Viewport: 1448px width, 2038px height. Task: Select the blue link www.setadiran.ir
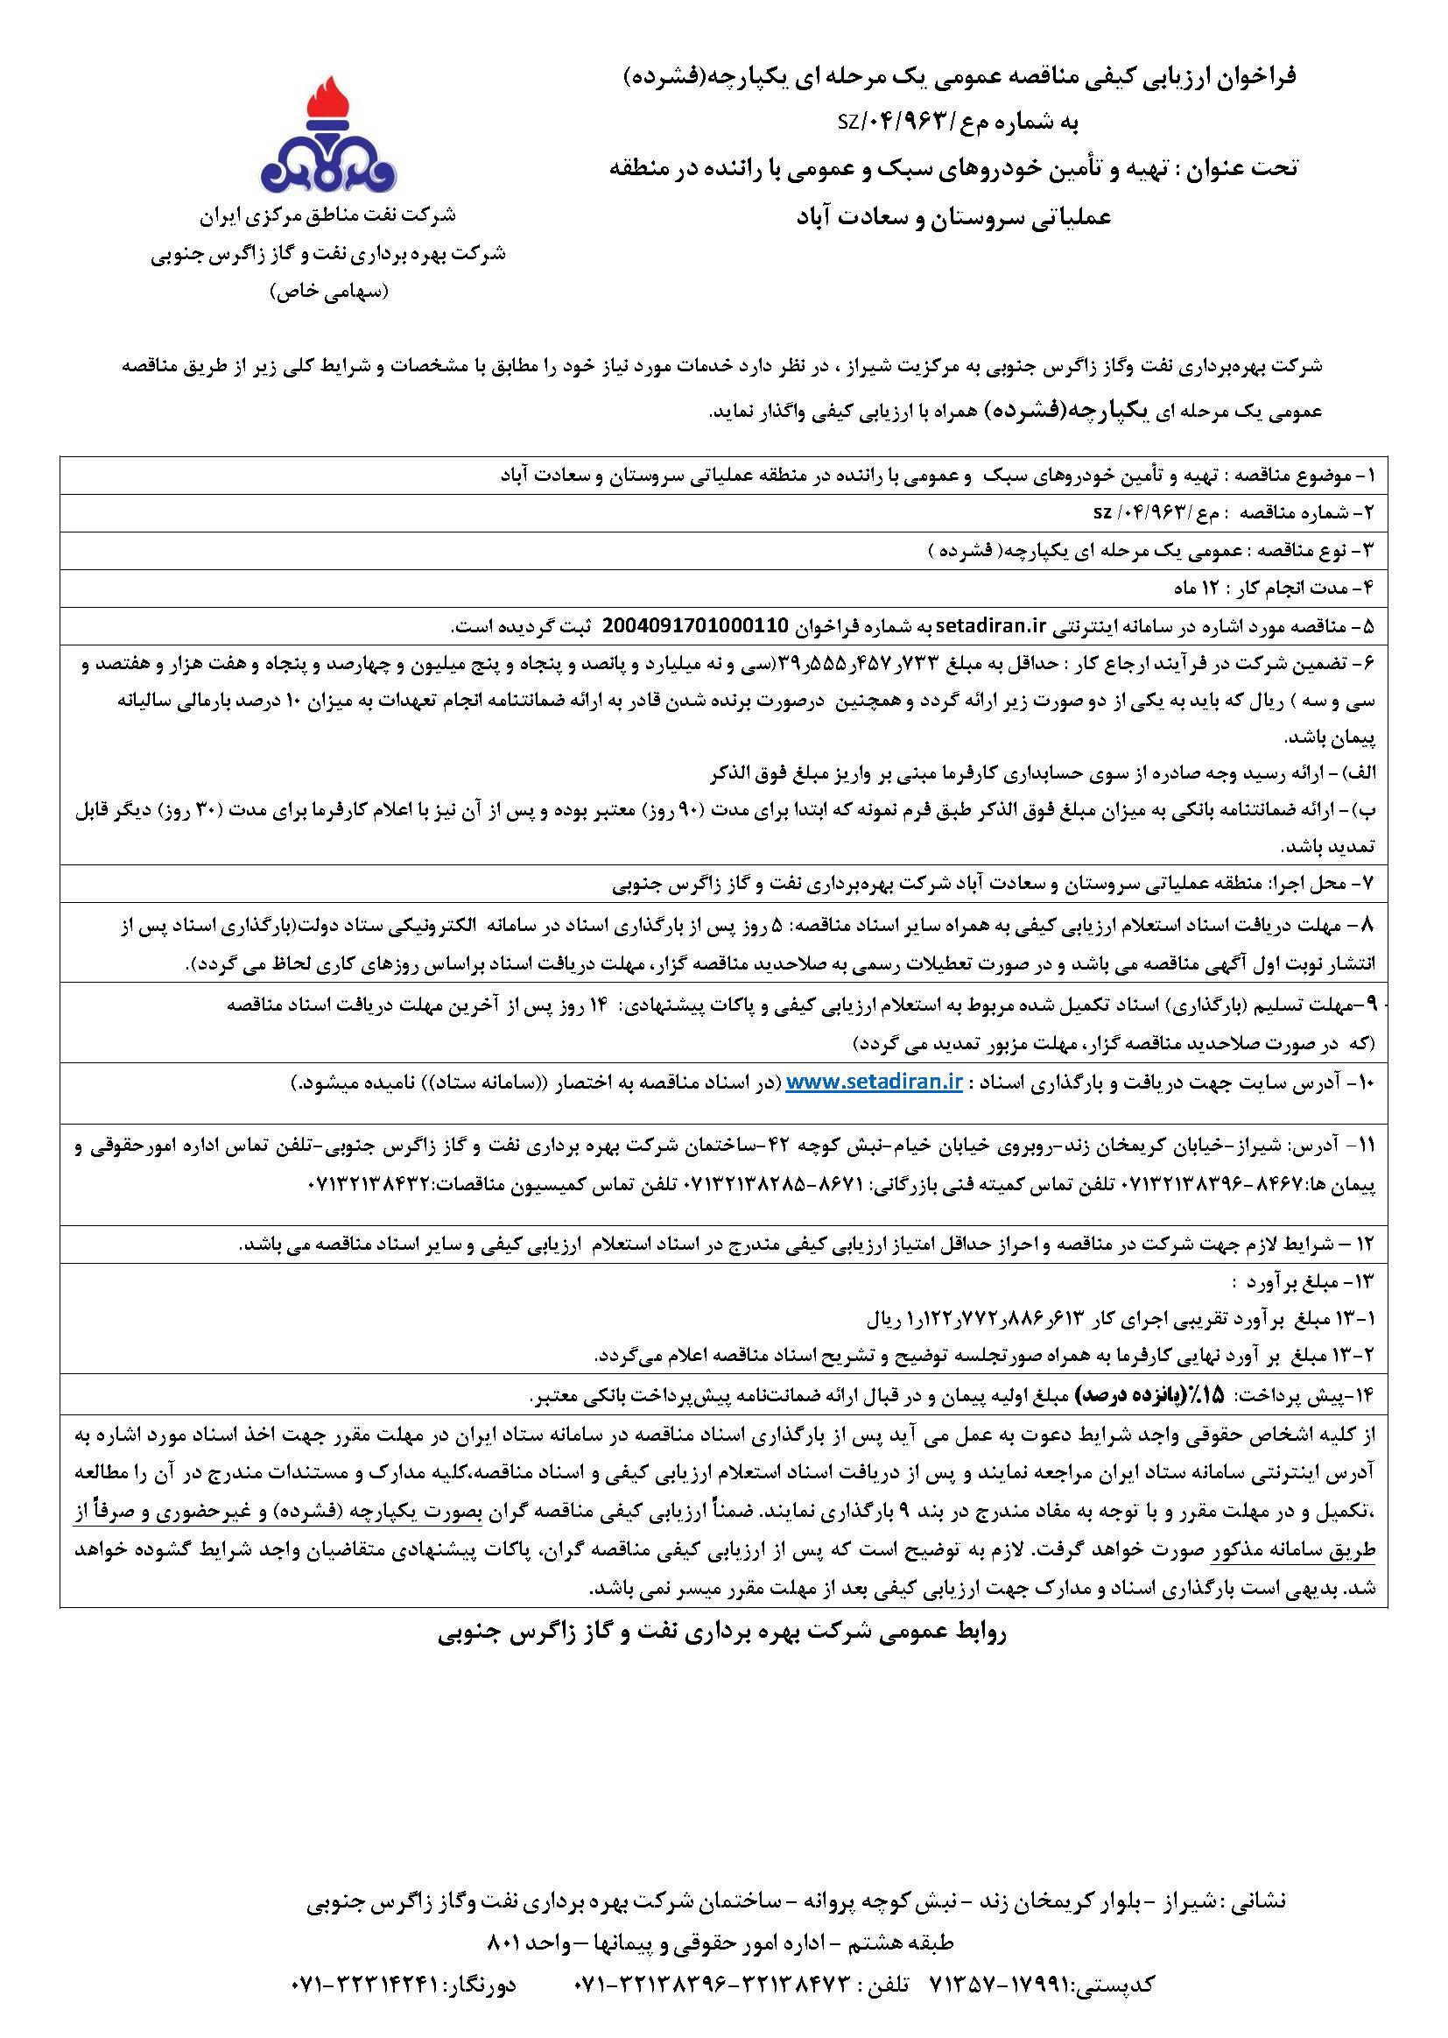875,1082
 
